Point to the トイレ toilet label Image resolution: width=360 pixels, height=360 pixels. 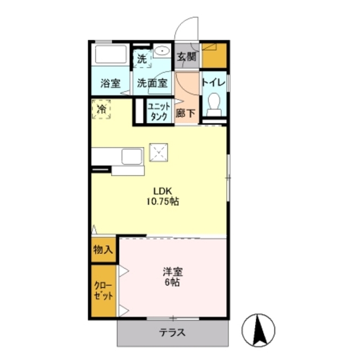214,83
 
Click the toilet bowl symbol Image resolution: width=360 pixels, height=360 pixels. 214,105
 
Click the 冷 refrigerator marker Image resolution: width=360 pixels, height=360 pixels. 102,109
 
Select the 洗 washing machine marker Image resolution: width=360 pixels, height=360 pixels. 141,57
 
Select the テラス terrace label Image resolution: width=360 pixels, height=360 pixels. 173,332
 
